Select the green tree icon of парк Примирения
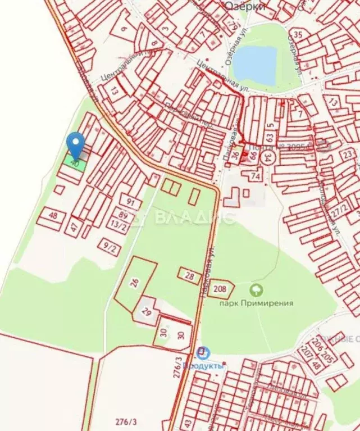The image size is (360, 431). coord(256,291)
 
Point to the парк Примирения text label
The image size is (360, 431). coord(256,303)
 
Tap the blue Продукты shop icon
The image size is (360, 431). coord(203,353)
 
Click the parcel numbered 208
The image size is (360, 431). coord(221,289)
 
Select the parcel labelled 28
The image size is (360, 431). coord(190,276)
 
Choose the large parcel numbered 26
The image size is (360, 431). coord(135,283)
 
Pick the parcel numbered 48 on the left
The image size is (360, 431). coord(53,216)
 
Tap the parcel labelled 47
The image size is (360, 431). coord(73,227)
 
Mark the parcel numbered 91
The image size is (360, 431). coord(131,202)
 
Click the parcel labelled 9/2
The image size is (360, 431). coord(110,246)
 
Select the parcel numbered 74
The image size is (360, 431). coord(256,175)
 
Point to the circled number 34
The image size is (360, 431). coord(270,157)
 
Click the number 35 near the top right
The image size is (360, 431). coord(298,35)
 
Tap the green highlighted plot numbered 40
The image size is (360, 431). coord(75,164)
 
